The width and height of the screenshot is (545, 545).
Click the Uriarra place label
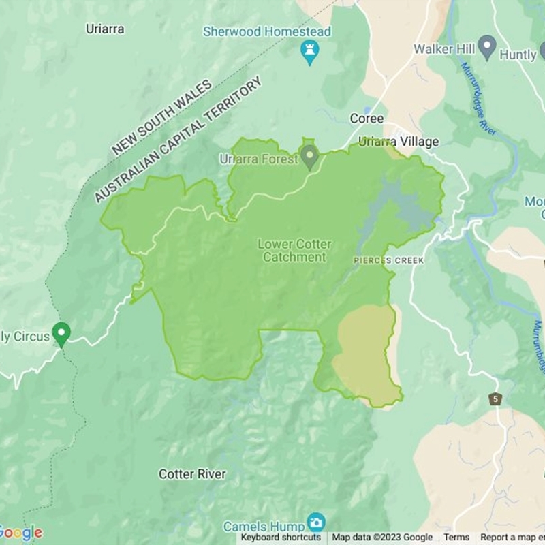(105, 29)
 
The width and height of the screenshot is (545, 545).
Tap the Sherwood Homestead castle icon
(310, 51)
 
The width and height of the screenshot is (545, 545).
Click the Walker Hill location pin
(486, 48)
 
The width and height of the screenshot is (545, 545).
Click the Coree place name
(367, 119)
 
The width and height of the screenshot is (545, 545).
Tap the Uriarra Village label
(399, 142)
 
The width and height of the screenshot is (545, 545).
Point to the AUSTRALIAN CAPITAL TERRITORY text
(178, 140)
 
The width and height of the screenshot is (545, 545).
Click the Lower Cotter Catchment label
(294, 250)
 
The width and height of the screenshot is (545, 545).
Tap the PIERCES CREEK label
(388, 261)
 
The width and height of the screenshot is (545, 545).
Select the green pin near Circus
(61, 334)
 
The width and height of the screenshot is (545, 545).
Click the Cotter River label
(192, 473)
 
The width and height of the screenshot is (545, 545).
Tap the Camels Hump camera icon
(315, 523)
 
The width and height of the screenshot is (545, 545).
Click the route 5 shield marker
(495, 399)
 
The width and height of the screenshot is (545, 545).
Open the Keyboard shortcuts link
(281, 538)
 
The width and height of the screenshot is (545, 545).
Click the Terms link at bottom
(456, 538)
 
